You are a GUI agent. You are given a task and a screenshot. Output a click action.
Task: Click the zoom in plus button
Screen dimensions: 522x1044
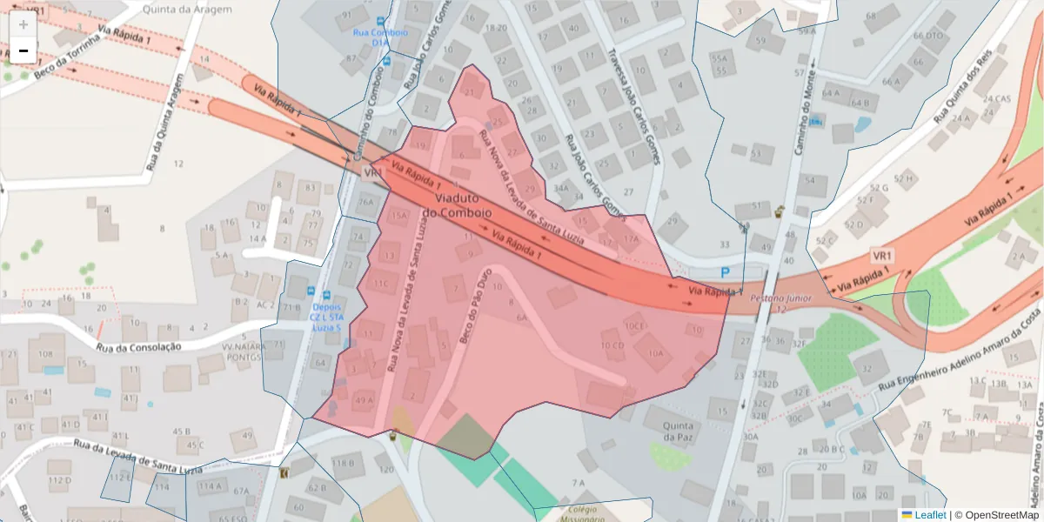click(23, 24)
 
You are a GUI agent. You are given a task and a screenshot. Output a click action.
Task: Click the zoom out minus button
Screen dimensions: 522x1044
click(23, 51)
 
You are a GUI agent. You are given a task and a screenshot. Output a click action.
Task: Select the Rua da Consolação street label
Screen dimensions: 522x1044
click(138, 347)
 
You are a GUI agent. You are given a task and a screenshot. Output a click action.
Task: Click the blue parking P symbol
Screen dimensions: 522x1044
click(725, 272)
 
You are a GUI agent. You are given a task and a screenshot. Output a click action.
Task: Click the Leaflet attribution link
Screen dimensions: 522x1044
click(930, 515)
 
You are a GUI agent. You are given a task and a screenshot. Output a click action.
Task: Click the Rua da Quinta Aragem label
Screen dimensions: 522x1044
click(166, 122)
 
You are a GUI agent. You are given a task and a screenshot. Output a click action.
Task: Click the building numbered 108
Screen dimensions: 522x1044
click(44, 354)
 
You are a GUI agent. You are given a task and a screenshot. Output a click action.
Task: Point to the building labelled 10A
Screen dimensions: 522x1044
click(654, 353)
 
